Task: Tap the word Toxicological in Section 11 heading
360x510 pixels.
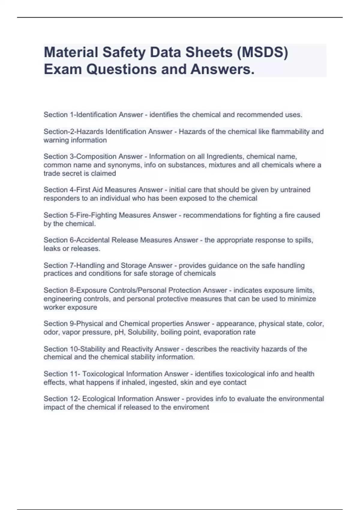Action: pyautogui.click(x=103, y=374)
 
